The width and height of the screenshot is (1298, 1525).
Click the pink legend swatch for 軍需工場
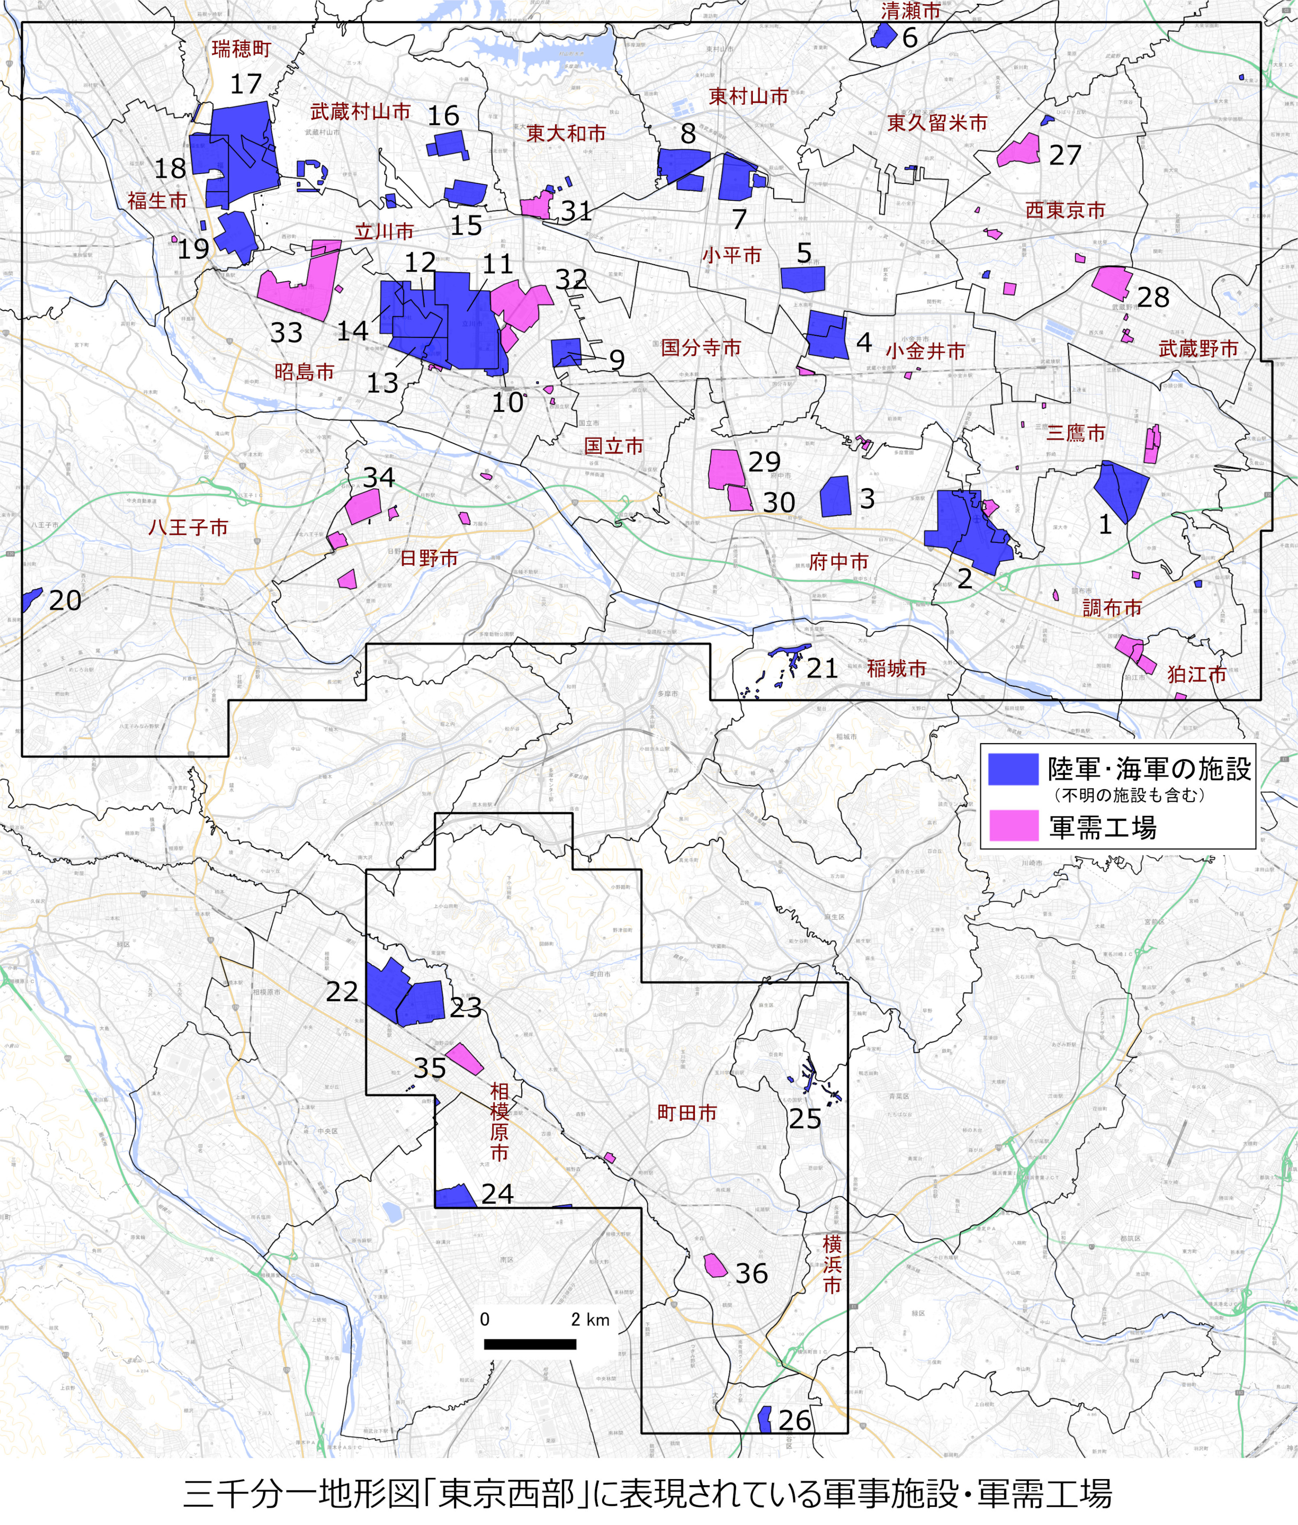coord(1012,825)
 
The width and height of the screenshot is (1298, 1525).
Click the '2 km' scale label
coord(590,1319)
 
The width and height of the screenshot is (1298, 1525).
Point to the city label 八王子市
coord(188,527)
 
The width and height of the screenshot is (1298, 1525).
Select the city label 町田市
coord(687,1112)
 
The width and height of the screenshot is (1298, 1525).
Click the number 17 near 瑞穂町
coord(246,84)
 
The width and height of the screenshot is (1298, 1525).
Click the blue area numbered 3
coord(836,497)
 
